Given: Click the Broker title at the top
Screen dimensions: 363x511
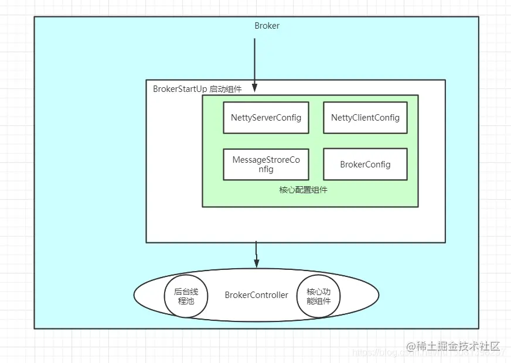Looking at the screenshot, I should (x=267, y=26).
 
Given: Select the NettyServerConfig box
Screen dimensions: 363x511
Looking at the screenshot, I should (x=265, y=117).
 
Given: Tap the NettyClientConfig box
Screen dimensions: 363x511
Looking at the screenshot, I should (x=365, y=117).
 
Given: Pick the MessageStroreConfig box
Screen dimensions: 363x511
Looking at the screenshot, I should (x=265, y=165).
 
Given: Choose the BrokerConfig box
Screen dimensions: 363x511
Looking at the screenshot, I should (x=365, y=165).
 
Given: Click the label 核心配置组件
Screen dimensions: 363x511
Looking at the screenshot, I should (x=303, y=190).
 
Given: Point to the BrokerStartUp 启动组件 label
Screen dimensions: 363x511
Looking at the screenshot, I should (x=197, y=89).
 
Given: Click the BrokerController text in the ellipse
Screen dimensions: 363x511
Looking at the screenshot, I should (x=256, y=295).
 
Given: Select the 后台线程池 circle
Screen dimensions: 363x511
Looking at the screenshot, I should (x=186, y=296).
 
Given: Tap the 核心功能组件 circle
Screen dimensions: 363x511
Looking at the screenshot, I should (x=319, y=296).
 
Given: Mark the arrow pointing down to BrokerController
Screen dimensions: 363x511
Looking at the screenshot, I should (x=256, y=253).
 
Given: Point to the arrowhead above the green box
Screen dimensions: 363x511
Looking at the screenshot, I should (x=255, y=88).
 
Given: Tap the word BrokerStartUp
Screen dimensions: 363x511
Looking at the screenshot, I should (x=179, y=89).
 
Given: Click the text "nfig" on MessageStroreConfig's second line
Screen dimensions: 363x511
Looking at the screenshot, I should (x=265, y=169).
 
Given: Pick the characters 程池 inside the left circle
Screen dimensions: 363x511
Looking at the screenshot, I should (x=186, y=301).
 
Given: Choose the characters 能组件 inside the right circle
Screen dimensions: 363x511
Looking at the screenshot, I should (x=319, y=301).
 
